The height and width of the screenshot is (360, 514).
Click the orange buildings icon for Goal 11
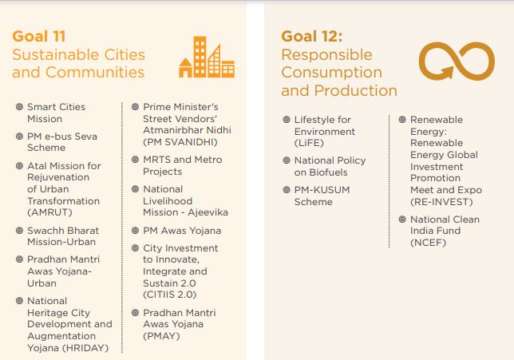tap(207, 57)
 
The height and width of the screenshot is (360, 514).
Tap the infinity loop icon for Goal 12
tap(457, 61)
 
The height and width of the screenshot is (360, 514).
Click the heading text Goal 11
tap(39, 36)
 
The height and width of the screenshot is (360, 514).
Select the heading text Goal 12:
tap(312, 36)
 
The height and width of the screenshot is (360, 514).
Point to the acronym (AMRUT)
tap(49, 212)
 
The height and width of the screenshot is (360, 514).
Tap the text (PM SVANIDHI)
tap(180, 142)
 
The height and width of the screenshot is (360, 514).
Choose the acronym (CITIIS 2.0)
tap(169, 295)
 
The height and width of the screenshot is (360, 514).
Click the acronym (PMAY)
tap(161, 336)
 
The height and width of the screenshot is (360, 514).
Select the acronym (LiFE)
tap(309, 143)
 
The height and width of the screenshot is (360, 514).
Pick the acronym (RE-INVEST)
tap(441, 202)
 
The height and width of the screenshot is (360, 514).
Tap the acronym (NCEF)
tap(428, 243)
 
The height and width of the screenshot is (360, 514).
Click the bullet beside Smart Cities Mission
tap(20, 107)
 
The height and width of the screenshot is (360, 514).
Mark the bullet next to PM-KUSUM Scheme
tap(287, 190)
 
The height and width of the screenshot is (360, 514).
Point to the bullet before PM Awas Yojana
tap(135, 231)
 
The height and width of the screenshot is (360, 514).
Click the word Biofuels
tap(327, 172)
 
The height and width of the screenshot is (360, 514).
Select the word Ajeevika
tap(208, 212)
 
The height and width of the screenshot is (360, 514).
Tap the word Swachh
tap(42, 231)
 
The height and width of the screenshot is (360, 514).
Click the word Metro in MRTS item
tap(208, 160)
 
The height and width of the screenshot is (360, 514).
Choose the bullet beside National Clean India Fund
tap(402, 220)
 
